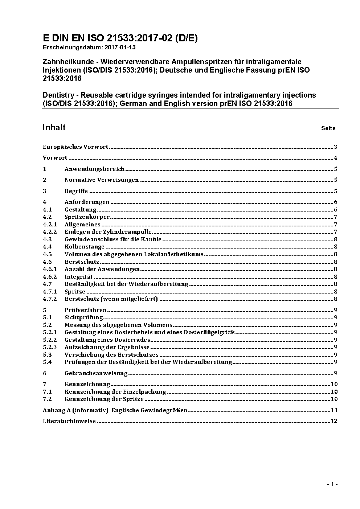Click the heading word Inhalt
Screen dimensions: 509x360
click(x=54, y=127)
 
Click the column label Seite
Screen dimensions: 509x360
click(x=328, y=128)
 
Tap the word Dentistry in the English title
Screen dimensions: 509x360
click(x=58, y=95)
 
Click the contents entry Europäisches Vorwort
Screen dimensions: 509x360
click(x=75, y=147)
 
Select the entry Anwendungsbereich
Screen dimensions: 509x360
click(x=94, y=169)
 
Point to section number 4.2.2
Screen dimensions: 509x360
click(x=50, y=232)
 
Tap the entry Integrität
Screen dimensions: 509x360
click(x=78, y=277)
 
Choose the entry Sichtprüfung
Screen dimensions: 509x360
click(x=83, y=317)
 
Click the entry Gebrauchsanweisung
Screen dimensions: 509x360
click(x=96, y=373)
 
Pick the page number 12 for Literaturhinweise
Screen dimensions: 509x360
click(x=334, y=421)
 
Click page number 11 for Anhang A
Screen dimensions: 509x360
click(x=334, y=410)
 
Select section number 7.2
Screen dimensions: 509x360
click(x=47, y=399)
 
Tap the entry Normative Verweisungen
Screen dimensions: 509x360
click(x=101, y=180)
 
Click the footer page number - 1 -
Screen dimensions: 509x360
click(x=332, y=484)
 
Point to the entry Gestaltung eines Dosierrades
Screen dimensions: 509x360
click(x=107, y=340)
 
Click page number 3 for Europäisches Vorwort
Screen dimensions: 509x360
click(x=336, y=147)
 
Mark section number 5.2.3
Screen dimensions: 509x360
click(x=50, y=347)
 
